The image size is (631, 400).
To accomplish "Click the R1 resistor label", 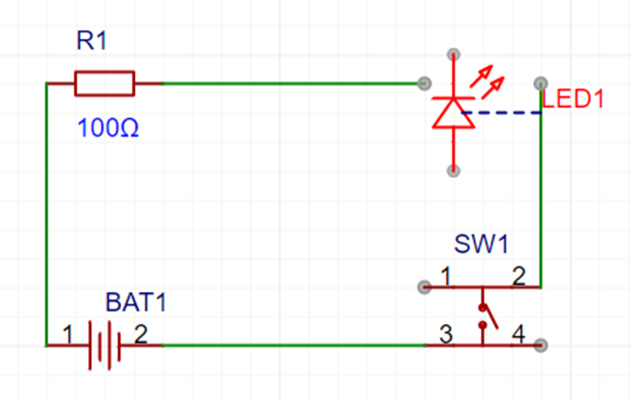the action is [x=92, y=41].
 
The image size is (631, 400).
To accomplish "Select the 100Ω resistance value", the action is [x=108, y=127].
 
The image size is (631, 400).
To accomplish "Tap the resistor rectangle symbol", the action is [x=104, y=84].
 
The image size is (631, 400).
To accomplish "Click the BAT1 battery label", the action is [x=136, y=301].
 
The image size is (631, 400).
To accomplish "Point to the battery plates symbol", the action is [x=104, y=345].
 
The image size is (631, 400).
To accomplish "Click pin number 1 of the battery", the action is [x=68, y=334].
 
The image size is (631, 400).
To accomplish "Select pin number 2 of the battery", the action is [x=141, y=334].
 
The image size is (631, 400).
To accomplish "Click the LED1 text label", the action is [x=572, y=99].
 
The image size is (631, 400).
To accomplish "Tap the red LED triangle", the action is [x=453, y=113].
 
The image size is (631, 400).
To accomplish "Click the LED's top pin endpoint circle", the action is [x=453, y=54].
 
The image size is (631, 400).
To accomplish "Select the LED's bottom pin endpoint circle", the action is [x=453, y=170].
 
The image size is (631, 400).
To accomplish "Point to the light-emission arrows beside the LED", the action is [x=488, y=82].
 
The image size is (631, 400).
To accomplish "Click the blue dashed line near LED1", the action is [x=502, y=113].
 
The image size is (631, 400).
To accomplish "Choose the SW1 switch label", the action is [x=481, y=244].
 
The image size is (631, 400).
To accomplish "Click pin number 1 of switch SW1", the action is [x=446, y=276].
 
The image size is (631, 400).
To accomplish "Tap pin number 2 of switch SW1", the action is [x=518, y=276].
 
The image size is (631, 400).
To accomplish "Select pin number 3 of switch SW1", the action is [x=446, y=334].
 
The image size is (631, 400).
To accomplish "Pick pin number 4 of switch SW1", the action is [x=518, y=334].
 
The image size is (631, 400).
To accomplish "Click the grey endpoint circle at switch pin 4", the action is [x=541, y=345].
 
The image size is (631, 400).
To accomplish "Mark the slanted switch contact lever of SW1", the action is [x=490, y=316].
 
